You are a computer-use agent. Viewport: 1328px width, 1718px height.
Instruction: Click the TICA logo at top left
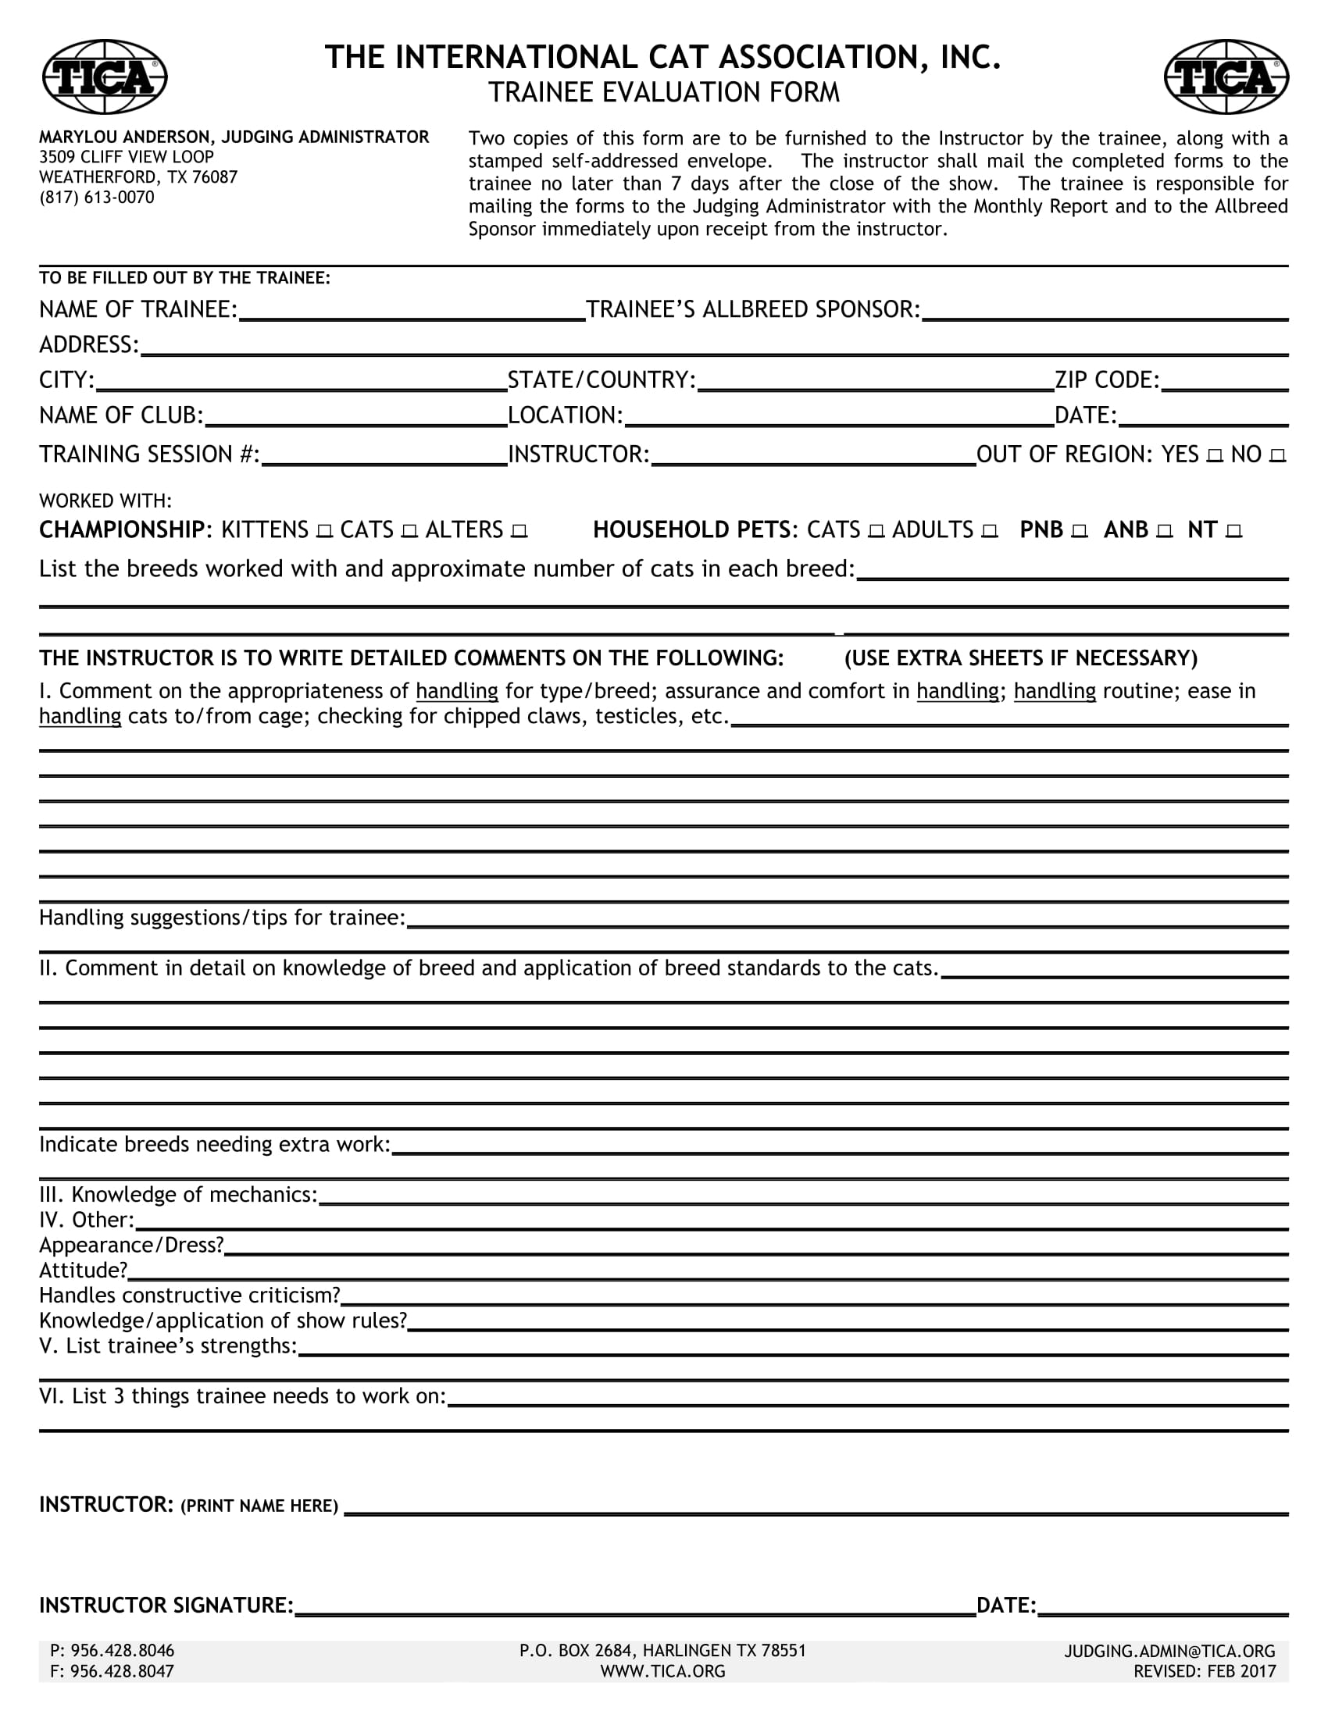point(104,77)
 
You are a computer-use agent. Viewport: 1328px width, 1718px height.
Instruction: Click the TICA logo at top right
point(1226,77)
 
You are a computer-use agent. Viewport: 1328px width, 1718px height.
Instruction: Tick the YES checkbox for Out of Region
point(1215,456)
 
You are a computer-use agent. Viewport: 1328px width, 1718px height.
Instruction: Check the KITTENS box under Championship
point(324,532)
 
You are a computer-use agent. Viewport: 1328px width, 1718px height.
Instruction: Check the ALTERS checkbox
point(519,532)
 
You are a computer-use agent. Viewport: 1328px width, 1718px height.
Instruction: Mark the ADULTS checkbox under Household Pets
point(990,532)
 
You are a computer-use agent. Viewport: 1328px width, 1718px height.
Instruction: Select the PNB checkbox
point(1080,532)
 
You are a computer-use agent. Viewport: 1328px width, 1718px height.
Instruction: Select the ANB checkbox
point(1166,532)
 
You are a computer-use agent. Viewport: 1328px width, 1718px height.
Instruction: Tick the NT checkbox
point(1233,532)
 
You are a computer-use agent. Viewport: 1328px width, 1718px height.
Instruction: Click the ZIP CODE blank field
point(1225,383)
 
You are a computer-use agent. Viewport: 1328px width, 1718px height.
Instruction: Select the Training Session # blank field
point(384,457)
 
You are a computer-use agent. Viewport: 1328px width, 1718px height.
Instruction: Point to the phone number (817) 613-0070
point(97,198)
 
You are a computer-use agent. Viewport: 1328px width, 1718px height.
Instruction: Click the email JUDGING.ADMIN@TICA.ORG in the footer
point(1170,1651)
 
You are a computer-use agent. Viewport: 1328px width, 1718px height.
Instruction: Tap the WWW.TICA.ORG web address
point(662,1672)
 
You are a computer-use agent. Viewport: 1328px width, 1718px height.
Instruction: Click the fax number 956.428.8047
point(112,1672)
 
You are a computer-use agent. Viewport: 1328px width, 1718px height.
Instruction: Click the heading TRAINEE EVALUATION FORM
point(663,93)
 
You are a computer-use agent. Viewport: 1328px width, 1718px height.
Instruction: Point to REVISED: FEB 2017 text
point(1205,1672)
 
